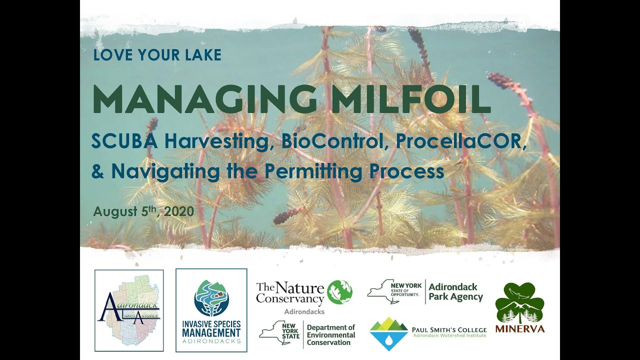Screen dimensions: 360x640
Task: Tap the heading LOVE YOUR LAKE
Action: [157, 54]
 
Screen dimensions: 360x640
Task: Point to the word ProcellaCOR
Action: [461, 142]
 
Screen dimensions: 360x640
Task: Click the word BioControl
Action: [335, 142]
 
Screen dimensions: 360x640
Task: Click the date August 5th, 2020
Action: [143, 211]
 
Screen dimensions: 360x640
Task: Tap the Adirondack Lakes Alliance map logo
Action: [129, 310]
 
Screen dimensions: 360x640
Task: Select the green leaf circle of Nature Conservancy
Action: [339, 292]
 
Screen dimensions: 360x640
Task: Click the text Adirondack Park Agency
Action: [455, 292]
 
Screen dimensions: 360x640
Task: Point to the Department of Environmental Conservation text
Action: [330, 335]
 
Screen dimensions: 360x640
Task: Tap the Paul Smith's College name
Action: [448, 330]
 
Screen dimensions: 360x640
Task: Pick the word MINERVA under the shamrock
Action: [519, 328]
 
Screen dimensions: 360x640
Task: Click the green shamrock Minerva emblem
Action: [519, 303]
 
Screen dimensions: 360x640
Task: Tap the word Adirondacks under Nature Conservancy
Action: [304, 311]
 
